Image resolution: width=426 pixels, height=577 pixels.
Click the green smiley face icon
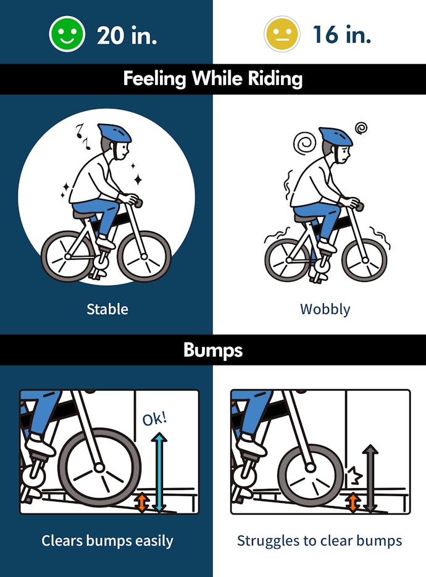(67, 34)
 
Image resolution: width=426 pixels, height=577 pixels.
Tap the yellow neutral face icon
(282, 34)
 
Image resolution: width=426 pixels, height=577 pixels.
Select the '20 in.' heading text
(127, 35)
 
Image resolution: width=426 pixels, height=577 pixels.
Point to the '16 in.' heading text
(341, 35)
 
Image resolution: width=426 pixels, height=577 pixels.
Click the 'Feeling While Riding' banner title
(213, 79)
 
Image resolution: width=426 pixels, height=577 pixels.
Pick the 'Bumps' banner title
(213, 350)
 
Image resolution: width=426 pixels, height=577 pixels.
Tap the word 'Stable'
(107, 309)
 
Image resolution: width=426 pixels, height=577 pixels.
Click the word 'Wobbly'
(325, 309)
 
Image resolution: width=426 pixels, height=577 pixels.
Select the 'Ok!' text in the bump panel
(154, 419)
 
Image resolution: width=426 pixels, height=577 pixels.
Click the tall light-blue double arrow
(159, 473)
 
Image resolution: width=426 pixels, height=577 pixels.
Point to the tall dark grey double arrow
(370, 478)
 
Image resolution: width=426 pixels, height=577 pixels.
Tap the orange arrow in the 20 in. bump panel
(142, 502)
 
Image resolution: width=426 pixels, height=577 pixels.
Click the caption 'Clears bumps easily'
(107, 541)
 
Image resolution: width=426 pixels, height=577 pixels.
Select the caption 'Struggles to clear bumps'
(320, 541)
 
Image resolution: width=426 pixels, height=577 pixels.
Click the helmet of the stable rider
(115, 133)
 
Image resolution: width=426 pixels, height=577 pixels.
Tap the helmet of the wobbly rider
(336, 136)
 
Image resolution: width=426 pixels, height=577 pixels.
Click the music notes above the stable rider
(83, 136)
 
